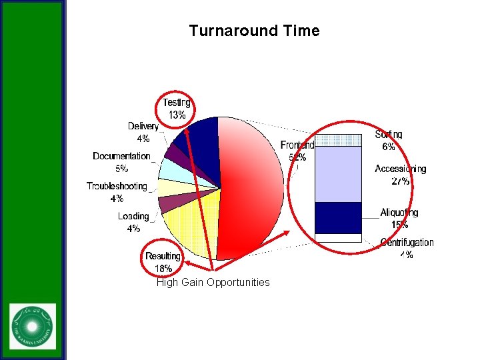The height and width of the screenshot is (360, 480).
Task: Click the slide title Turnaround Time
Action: (x=254, y=31)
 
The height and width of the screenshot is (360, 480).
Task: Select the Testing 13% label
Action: (x=177, y=109)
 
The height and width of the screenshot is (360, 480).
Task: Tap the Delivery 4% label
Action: (x=143, y=132)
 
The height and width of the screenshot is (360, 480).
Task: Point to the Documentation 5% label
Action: (x=121, y=162)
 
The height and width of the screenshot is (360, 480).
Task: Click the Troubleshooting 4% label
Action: (x=117, y=192)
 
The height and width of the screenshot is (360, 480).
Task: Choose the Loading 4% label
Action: (x=133, y=222)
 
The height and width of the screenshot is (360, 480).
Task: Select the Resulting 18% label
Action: (x=163, y=262)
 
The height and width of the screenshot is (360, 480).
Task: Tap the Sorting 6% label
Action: (x=388, y=140)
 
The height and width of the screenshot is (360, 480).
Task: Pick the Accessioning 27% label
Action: (x=400, y=175)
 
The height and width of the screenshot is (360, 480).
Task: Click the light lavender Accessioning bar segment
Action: (x=338, y=173)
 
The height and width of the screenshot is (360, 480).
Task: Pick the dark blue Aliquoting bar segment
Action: (x=338, y=217)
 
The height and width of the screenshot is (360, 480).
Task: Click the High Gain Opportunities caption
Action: (x=213, y=283)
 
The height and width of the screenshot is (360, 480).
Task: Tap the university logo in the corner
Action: (x=33, y=326)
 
